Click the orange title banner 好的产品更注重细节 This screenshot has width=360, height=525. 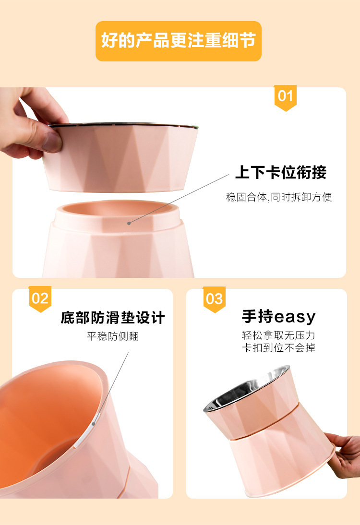pyautogui.click(x=178, y=41)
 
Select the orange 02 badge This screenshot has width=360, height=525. pyautogui.click(x=40, y=299)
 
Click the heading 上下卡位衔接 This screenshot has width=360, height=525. pyautogui.click(x=281, y=172)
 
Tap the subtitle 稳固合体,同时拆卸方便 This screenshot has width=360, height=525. pyautogui.click(x=279, y=197)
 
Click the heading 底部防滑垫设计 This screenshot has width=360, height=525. pyautogui.click(x=113, y=318)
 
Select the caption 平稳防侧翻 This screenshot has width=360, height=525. pyautogui.click(x=113, y=336)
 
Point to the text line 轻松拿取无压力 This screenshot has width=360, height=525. pyautogui.click(x=278, y=335)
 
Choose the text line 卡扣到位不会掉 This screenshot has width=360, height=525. pyautogui.click(x=278, y=348)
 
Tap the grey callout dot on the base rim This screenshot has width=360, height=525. pyautogui.click(x=129, y=223)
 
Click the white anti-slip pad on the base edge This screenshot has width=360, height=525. pyautogui.click(x=96, y=419)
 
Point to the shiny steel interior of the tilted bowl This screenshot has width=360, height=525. pyautogui.click(x=246, y=389)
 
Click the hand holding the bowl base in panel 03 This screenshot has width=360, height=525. pyautogui.click(x=343, y=455)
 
